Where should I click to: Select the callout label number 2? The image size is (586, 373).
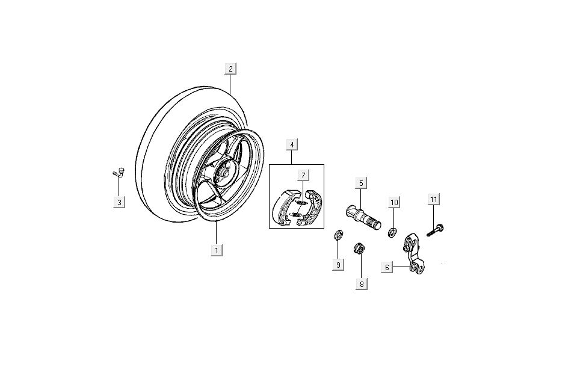pyautogui.click(x=230, y=69)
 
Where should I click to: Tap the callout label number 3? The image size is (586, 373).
pyautogui.click(x=119, y=202)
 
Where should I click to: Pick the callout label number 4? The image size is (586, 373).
pyautogui.click(x=291, y=145)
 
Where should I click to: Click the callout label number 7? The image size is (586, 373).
pyautogui.click(x=304, y=175)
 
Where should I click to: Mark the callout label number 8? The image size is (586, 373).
pyautogui.click(x=361, y=284)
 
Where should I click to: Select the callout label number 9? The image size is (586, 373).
pyautogui.click(x=339, y=265)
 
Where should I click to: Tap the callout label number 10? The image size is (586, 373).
pyautogui.click(x=394, y=202)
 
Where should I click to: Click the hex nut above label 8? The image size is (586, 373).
pyautogui.click(x=358, y=247)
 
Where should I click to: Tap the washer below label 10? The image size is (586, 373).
pyautogui.click(x=392, y=231)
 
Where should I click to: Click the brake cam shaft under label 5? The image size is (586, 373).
pyautogui.click(x=363, y=215)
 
